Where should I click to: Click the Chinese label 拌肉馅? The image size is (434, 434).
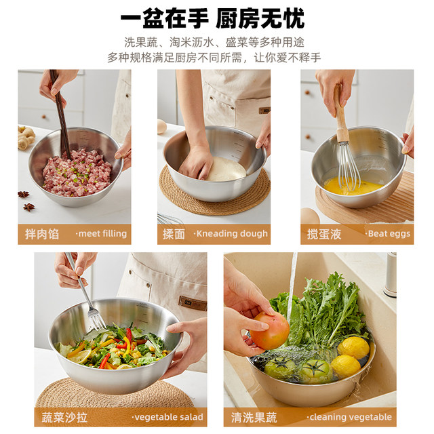(41, 234)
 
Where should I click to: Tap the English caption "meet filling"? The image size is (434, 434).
(101, 234)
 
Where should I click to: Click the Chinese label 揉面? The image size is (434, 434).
(174, 234)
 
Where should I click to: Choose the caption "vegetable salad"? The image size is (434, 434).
(167, 417)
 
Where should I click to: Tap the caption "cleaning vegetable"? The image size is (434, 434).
(349, 417)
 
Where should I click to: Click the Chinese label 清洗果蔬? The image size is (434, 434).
(254, 417)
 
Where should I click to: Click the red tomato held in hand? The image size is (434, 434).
(270, 330)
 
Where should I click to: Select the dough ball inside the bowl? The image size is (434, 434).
(226, 170)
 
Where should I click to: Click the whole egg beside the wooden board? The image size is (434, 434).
(309, 217)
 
